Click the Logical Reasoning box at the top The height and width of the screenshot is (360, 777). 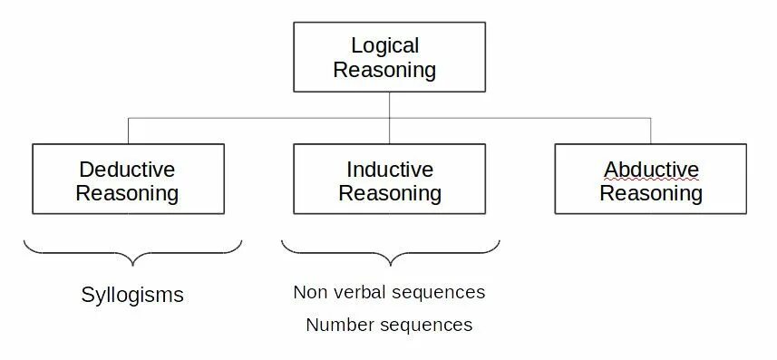pyautogui.click(x=389, y=57)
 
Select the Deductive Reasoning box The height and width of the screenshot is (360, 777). pyautogui.click(x=128, y=180)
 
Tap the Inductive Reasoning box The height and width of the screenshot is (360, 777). pyautogui.click(x=389, y=180)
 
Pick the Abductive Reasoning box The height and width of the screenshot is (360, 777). pyautogui.click(x=650, y=180)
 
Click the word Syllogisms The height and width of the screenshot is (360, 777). pyautogui.click(x=132, y=295)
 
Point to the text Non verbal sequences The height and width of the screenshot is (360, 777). pyautogui.click(x=389, y=292)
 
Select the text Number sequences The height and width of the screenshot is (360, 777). pyautogui.click(x=389, y=325)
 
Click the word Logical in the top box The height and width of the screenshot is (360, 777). pyautogui.click(x=385, y=45)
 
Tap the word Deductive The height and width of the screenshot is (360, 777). pyautogui.click(x=127, y=170)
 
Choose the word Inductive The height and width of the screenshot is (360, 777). pyautogui.click(x=390, y=170)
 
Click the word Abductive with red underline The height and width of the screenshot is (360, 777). pyautogui.click(x=651, y=170)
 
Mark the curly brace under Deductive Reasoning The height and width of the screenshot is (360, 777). pyautogui.click(x=132, y=253)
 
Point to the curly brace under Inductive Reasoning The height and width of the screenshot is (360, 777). pyautogui.click(x=390, y=253)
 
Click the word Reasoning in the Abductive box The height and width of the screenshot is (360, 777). pyautogui.click(x=651, y=192)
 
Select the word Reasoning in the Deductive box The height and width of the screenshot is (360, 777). pyautogui.click(x=127, y=192)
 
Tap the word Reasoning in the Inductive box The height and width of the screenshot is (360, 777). pyautogui.click(x=390, y=192)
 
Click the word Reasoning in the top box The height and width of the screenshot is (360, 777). pyautogui.click(x=385, y=70)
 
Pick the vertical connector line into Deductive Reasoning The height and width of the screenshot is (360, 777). pyautogui.click(x=128, y=131)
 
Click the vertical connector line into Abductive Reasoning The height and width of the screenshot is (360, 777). pyautogui.click(x=651, y=131)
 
